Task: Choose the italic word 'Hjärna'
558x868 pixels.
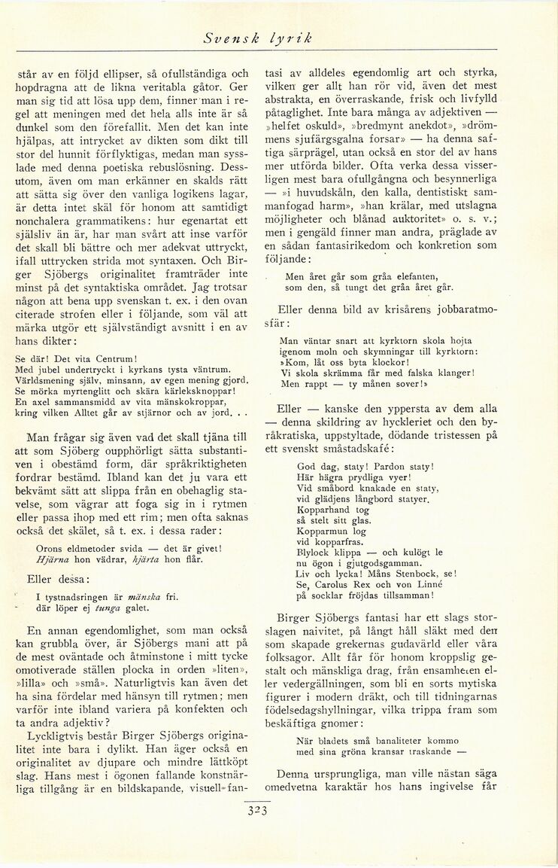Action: (52, 559)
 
